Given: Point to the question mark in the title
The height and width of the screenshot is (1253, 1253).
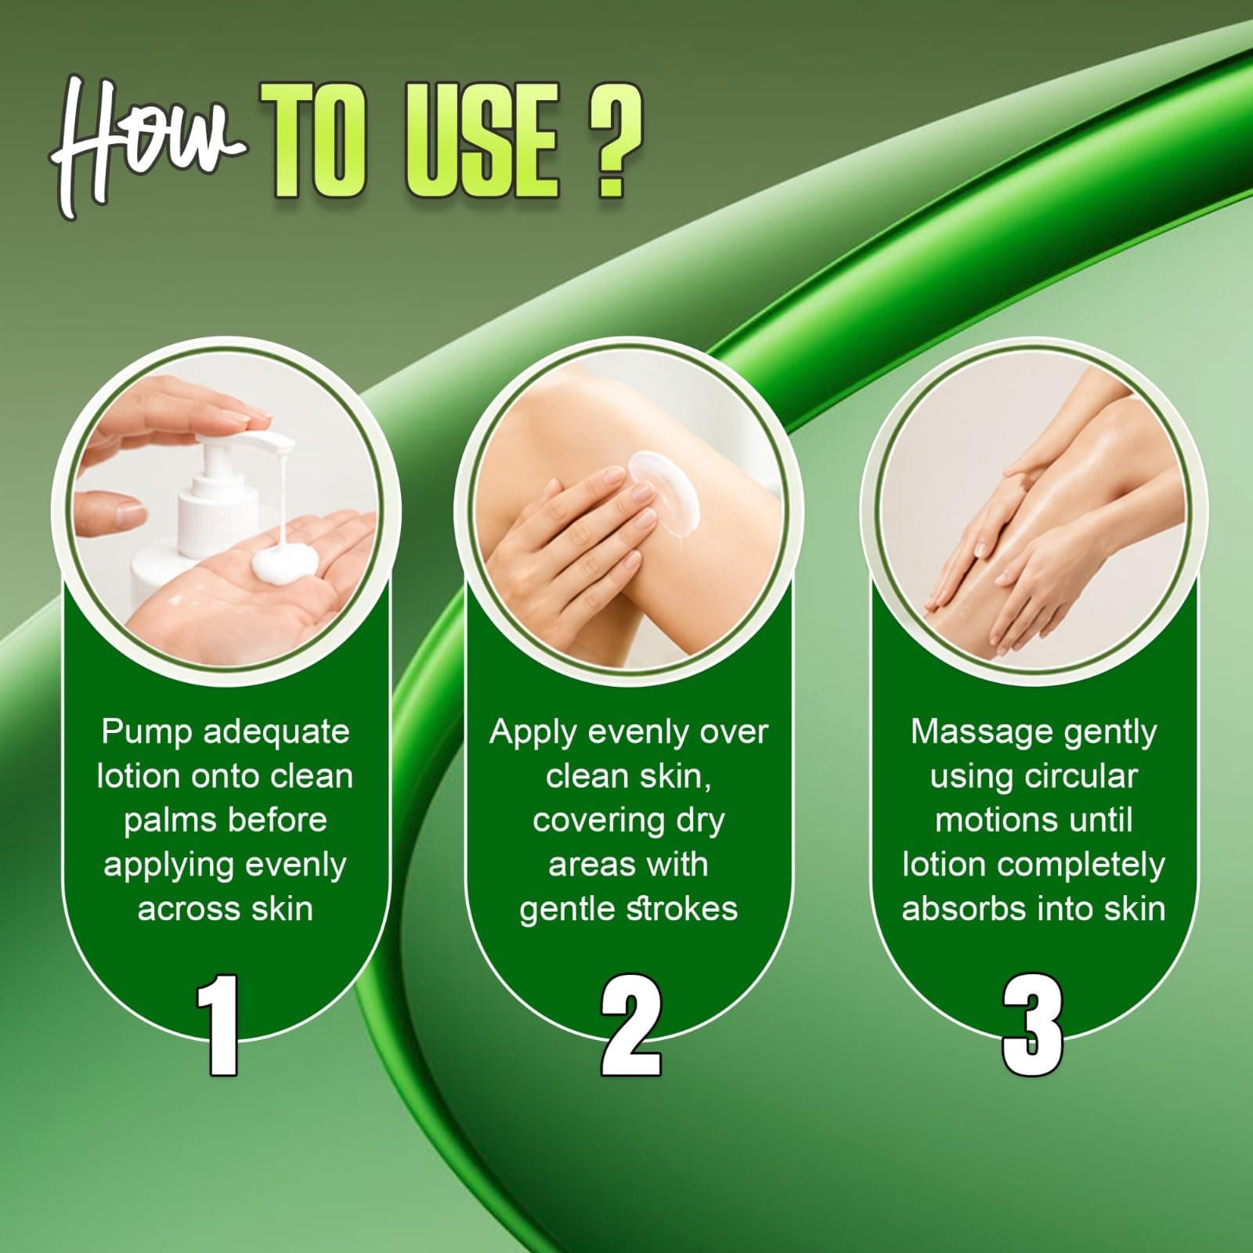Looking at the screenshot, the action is pyautogui.click(x=616, y=142).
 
